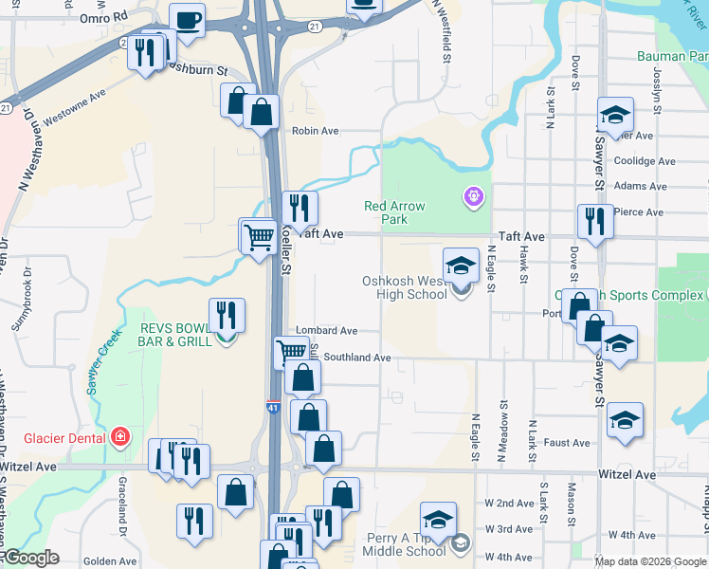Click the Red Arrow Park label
pyautogui.click(x=395, y=212)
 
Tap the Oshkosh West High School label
pyautogui.click(x=405, y=287)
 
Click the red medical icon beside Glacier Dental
pyautogui.click(x=119, y=437)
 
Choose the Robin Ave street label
pyautogui.click(x=316, y=132)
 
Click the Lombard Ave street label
pyautogui.click(x=326, y=331)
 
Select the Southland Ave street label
pyautogui.click(x=357, y=358)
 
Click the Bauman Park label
pyautogui.click(x=672, y=57)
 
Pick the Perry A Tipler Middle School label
pyautogui.click(x=406, y=544)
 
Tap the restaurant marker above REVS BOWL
pyautogui.click(x=227, y=315)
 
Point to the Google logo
pyautogui.click(x=31, y=558)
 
